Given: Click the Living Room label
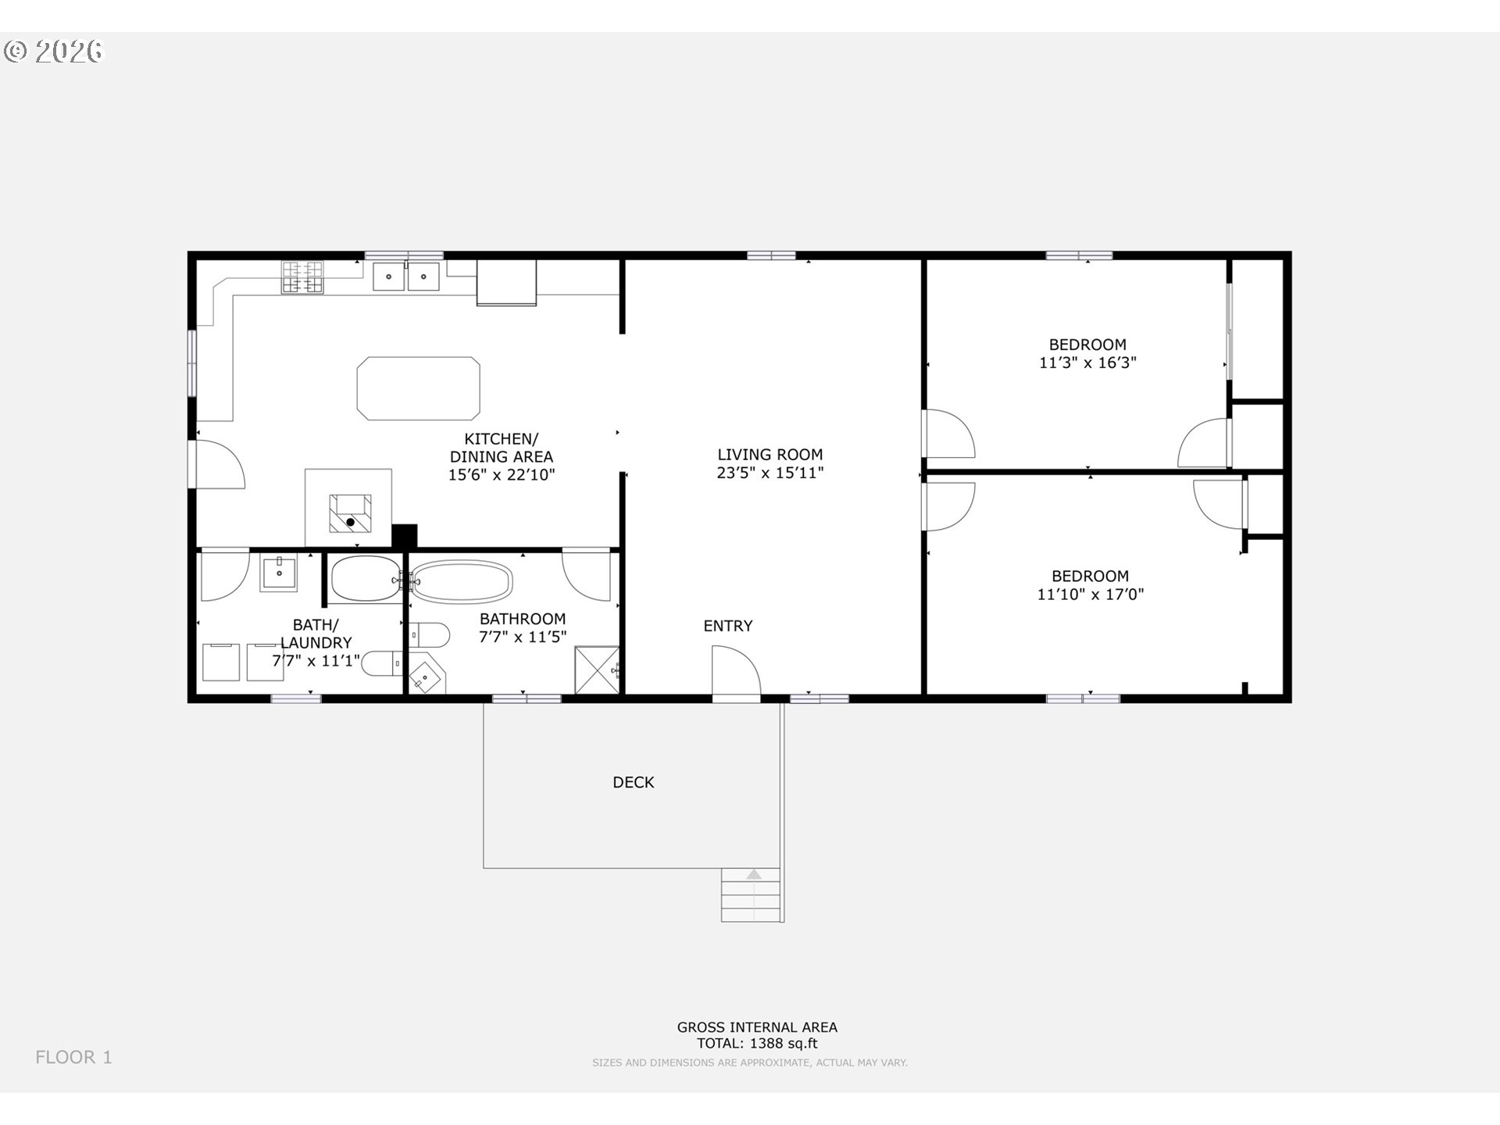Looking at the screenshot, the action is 770,455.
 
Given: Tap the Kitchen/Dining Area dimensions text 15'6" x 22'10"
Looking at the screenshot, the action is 502,475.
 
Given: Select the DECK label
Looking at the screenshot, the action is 634,782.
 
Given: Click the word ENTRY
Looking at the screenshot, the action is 728,626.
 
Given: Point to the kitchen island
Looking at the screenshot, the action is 419,388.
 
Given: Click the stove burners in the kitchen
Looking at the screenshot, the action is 302,277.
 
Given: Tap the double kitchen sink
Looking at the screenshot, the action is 405,277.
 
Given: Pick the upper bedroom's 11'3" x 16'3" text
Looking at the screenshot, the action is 1087,362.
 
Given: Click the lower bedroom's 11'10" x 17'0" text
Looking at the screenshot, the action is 1091,595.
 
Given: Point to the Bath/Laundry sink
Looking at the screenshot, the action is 279,573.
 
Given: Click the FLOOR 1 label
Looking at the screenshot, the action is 73,1057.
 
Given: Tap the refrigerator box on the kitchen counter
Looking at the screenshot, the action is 507,282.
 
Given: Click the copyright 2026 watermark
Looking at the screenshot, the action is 54,51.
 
